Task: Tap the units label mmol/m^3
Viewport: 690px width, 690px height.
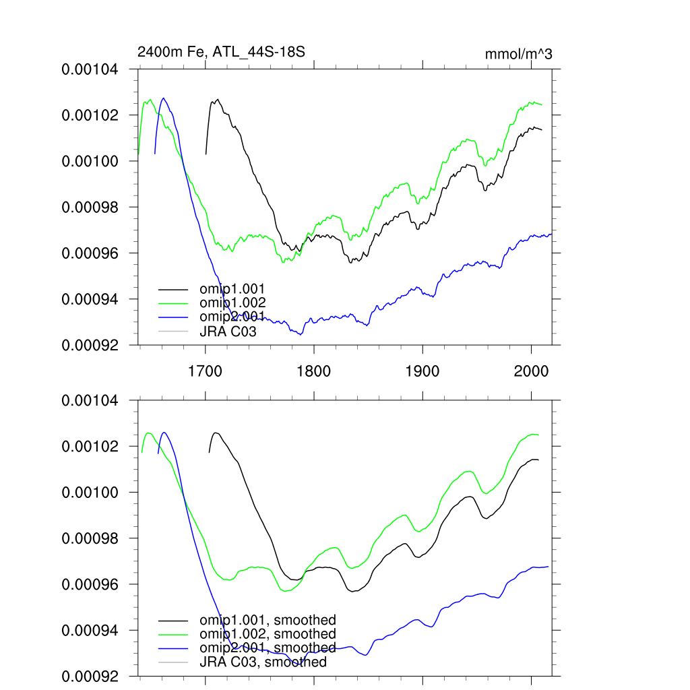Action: pyautogui.click(x=518, y=55)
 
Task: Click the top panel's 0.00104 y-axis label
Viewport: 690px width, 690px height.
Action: pyautogui.click(x=90, y=69)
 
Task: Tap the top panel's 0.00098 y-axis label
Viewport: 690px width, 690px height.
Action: pyautogui.click(x=90, y=207)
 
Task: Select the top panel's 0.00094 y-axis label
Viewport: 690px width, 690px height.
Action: pyautogui.click(x=90, y=299)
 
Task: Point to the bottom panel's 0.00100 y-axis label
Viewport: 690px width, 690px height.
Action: pyautogui.click(x=90, y=493)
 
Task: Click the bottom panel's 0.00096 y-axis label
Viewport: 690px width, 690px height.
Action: pyautogui.click(x=90, y=584)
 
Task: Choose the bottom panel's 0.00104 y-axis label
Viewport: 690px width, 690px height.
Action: pyautogui.click(x=90, y=401)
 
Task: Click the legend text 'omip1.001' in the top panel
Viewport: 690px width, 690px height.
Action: pyautogui.click(x=228, y=289)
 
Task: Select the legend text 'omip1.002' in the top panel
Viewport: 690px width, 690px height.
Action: pyautogui.click(x=228, y=303)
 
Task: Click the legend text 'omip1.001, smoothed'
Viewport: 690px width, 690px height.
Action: pyautogui.click(x=268, y=620)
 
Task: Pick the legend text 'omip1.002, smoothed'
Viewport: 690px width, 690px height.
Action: pyautogui.click(x=268, y=634)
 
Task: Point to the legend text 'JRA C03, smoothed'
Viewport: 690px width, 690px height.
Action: pyautogui.click(x=263, y=662)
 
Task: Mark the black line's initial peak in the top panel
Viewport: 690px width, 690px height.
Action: pyautogui.click(x=217, y=100)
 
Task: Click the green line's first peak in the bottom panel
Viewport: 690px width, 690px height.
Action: pyautogui.click(x=148, y=433)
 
